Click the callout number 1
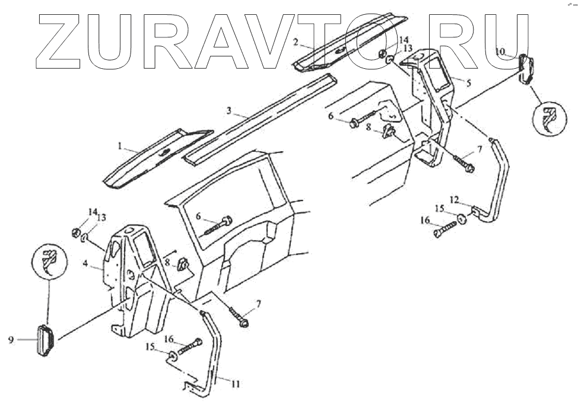coord(119,145)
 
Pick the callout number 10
coord(500,52)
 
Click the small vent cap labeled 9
coord(45,341)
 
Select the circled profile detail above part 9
coord(51,260)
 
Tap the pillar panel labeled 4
coord(134,279)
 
